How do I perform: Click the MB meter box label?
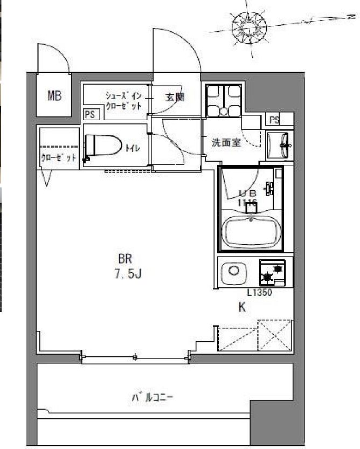coord(54,96)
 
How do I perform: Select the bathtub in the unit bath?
coord(252,232)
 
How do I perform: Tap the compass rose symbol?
coord(250,25)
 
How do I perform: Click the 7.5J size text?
coord(128,274)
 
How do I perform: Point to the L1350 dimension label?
coord(259,294)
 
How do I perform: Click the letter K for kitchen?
coord(242,308)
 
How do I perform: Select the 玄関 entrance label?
coord(175,98)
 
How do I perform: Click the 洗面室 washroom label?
coord(225,143)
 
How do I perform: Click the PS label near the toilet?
coord(89,114)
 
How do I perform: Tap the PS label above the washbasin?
coord(275,120)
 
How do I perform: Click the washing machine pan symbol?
coord(224,101)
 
